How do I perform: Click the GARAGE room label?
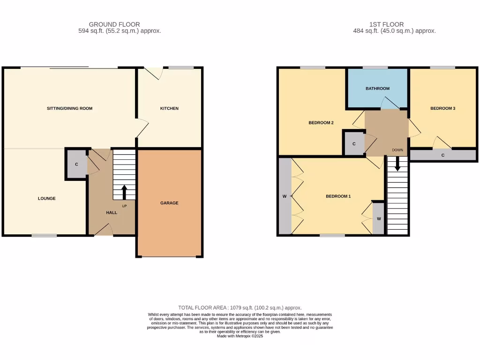click(x=169, y=203)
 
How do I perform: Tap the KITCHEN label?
click(x=169, y=108)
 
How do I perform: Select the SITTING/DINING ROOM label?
click(x=69, y=108)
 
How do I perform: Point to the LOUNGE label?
click(x=47, y=198)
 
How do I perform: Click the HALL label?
click(x=112, y=212)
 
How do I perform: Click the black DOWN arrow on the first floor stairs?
click(x=397, y=164)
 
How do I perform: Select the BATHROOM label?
click(x=377, y=88)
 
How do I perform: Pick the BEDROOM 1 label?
click(x=338, y=196)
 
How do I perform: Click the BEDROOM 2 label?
click(x=321, y=123)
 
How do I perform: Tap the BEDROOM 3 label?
click(x=443, y=108)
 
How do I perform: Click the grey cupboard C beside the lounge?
click(x=76, y=164)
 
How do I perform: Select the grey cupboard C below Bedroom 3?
click(x=442, y=155)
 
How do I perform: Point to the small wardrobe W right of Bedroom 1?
click(x=378, y=218)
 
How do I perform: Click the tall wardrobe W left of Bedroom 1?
click(x=285, y=196)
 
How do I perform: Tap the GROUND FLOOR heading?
click(x=114, y=24)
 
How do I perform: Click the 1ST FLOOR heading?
click(x=387, y=24)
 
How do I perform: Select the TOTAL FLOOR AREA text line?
click(x=240, y=307)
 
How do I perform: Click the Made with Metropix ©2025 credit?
click(x=240, y=336)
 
